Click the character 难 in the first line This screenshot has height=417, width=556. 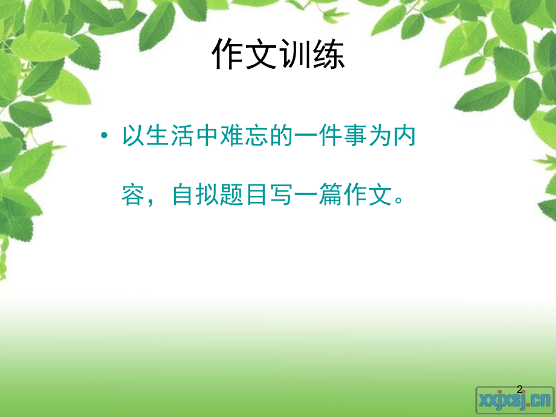pyautogui.click(x=231, y=137)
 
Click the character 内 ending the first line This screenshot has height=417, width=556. pyautogui.click(x=404, y=137)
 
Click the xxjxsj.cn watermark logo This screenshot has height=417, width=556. pyautogui.click(x=514, y=399)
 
